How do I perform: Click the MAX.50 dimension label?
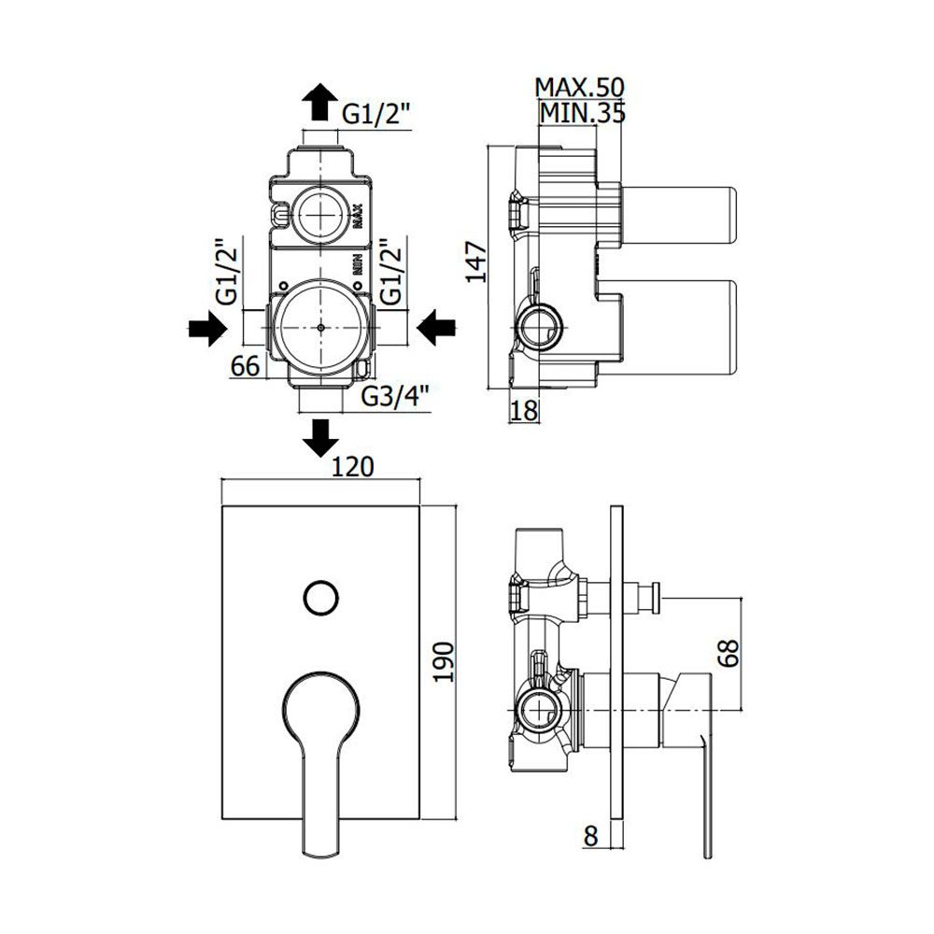[579, 88]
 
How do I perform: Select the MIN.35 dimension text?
[582, 113]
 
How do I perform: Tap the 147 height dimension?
[476, 262]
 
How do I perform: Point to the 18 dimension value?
[525, 410]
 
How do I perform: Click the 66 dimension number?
[246, 365]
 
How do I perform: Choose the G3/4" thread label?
[395, 395]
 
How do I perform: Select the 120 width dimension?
[352, 466]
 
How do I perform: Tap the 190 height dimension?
[443, 662]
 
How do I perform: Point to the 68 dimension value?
[728, 652]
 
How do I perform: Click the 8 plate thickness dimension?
[590, 836]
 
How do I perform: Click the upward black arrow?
[319, 101]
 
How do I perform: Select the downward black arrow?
[320, 438]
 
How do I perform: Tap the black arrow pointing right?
[207, 328]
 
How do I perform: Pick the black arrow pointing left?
[436, 327]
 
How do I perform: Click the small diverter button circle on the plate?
[321, 598]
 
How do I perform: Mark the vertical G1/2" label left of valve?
[228, 272]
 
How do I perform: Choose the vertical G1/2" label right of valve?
[390, 272]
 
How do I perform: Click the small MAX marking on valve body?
[358, 217]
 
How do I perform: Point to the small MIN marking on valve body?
[358, 263]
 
